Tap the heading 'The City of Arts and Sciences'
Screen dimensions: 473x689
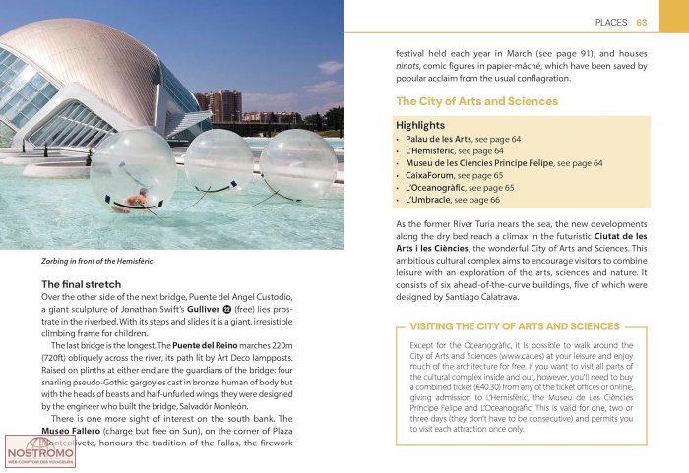pyautogui.click(x=476, y=101)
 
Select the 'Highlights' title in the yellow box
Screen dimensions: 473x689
pyautogui.click(x=420, y=126)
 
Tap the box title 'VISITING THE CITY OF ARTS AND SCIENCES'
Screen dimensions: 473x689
pyautogui.click(x=515, y=325)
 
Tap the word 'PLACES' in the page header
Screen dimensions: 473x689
pyautogui.click(x=612, y=22)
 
